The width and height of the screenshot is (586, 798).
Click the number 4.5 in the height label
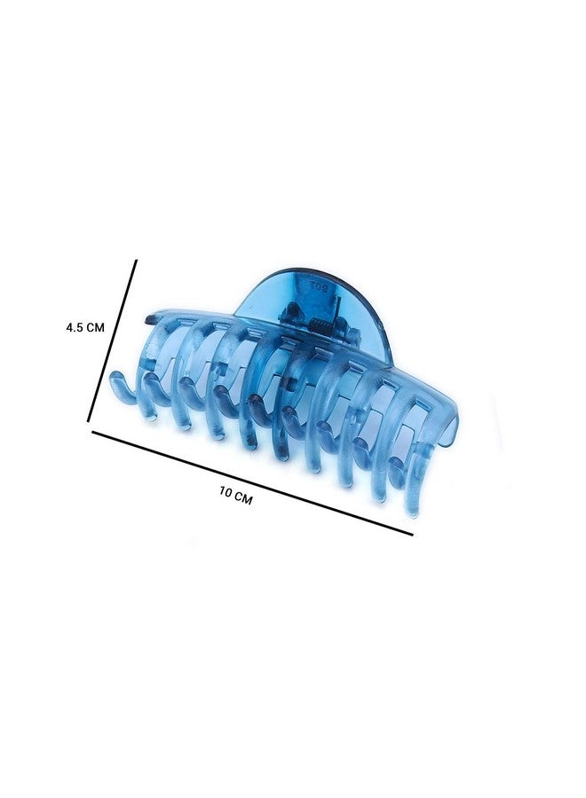(75, 327)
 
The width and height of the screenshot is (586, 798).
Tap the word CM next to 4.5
(95, 328)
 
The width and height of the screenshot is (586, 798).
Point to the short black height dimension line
(112, 340)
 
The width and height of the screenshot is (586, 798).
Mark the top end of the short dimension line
(136, 261)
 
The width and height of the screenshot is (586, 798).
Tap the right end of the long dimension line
(412, 535)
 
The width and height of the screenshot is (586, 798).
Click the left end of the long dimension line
(92, 432)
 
